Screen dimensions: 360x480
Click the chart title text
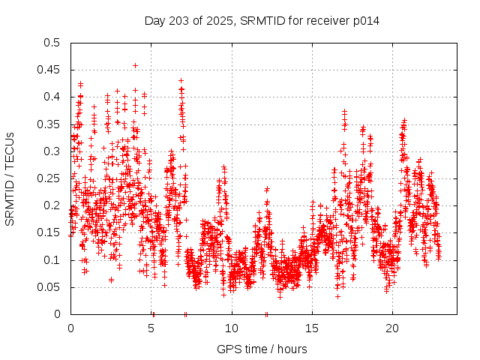pyautogui.click(x=262, y=21)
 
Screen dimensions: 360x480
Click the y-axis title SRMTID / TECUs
pyautogui.click(x=10, y=178)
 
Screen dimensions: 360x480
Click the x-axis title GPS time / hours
pyautogui.click(x=262, y=349)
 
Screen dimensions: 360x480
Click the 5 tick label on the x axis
pyautogui.click(x=151, y=328)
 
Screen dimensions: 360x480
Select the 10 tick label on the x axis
pyautogui.click(x=232, y=328)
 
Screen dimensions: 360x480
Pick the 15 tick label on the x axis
pyautogui.click(x=312, y=328)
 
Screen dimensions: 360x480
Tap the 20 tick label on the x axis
pyautogui.click(x=392, y=328)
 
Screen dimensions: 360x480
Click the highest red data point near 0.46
pyautogui.click(x=135, y=65)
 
